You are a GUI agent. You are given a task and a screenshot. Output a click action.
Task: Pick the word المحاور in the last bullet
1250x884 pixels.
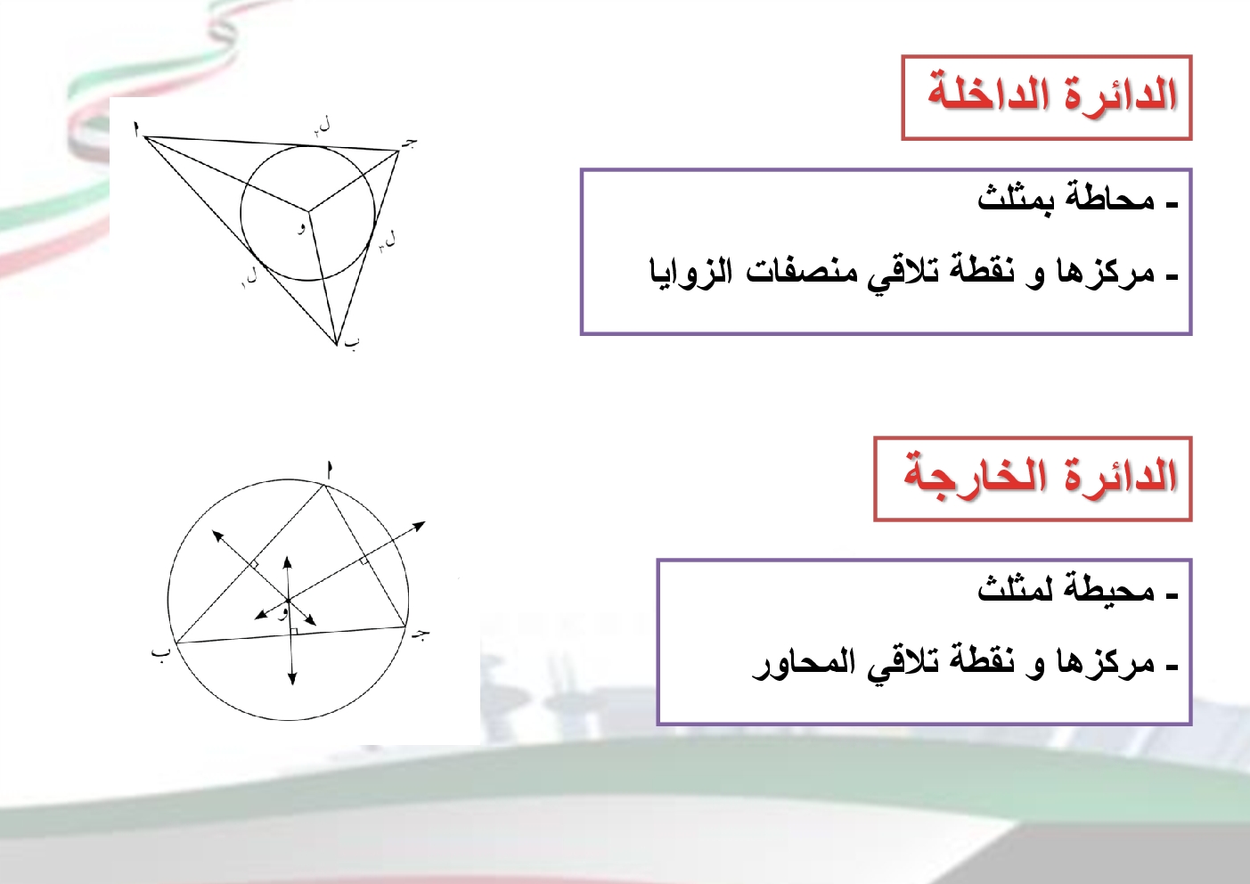click(797, 664)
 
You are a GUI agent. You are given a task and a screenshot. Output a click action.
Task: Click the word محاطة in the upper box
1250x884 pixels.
click(1109, 200)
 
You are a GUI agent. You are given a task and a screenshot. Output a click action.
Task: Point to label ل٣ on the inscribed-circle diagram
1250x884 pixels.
click(387, 241)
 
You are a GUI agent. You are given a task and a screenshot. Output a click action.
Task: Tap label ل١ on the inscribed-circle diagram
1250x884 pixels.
click(249, 277)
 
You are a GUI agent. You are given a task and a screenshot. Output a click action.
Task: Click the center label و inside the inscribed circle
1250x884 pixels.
click(301, 228)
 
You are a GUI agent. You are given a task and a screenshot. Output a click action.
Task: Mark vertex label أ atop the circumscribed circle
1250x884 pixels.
click(330, 470)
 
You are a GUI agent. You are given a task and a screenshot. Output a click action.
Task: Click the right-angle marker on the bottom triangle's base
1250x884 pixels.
click(294, 631)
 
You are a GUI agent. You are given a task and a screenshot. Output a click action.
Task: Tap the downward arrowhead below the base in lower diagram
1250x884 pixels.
click(292, 679)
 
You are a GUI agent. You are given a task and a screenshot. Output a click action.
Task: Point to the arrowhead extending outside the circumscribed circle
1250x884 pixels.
click(419, 526)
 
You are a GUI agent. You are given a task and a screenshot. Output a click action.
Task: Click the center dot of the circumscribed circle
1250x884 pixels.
click(288, 601)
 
